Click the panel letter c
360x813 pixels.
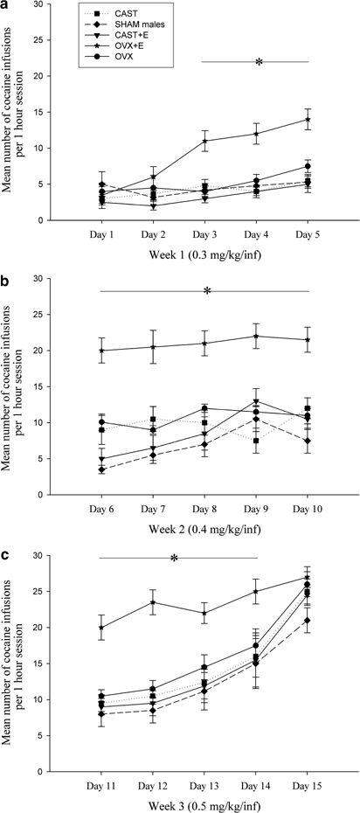click(x=7, y=557)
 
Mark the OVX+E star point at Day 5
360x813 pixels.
click(x=309, y=120)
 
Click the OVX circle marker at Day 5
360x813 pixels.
click(x=309, y=166)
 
